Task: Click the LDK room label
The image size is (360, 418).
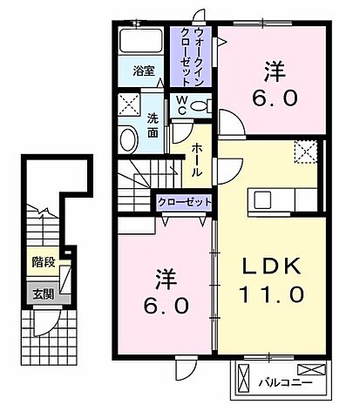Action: (271, 264)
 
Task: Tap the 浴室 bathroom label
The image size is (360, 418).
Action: (143, 71)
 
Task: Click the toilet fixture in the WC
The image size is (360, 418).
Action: (200, 105)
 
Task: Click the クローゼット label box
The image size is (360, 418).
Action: (185, 201)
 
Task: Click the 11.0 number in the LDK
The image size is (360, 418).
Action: (271, 295)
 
